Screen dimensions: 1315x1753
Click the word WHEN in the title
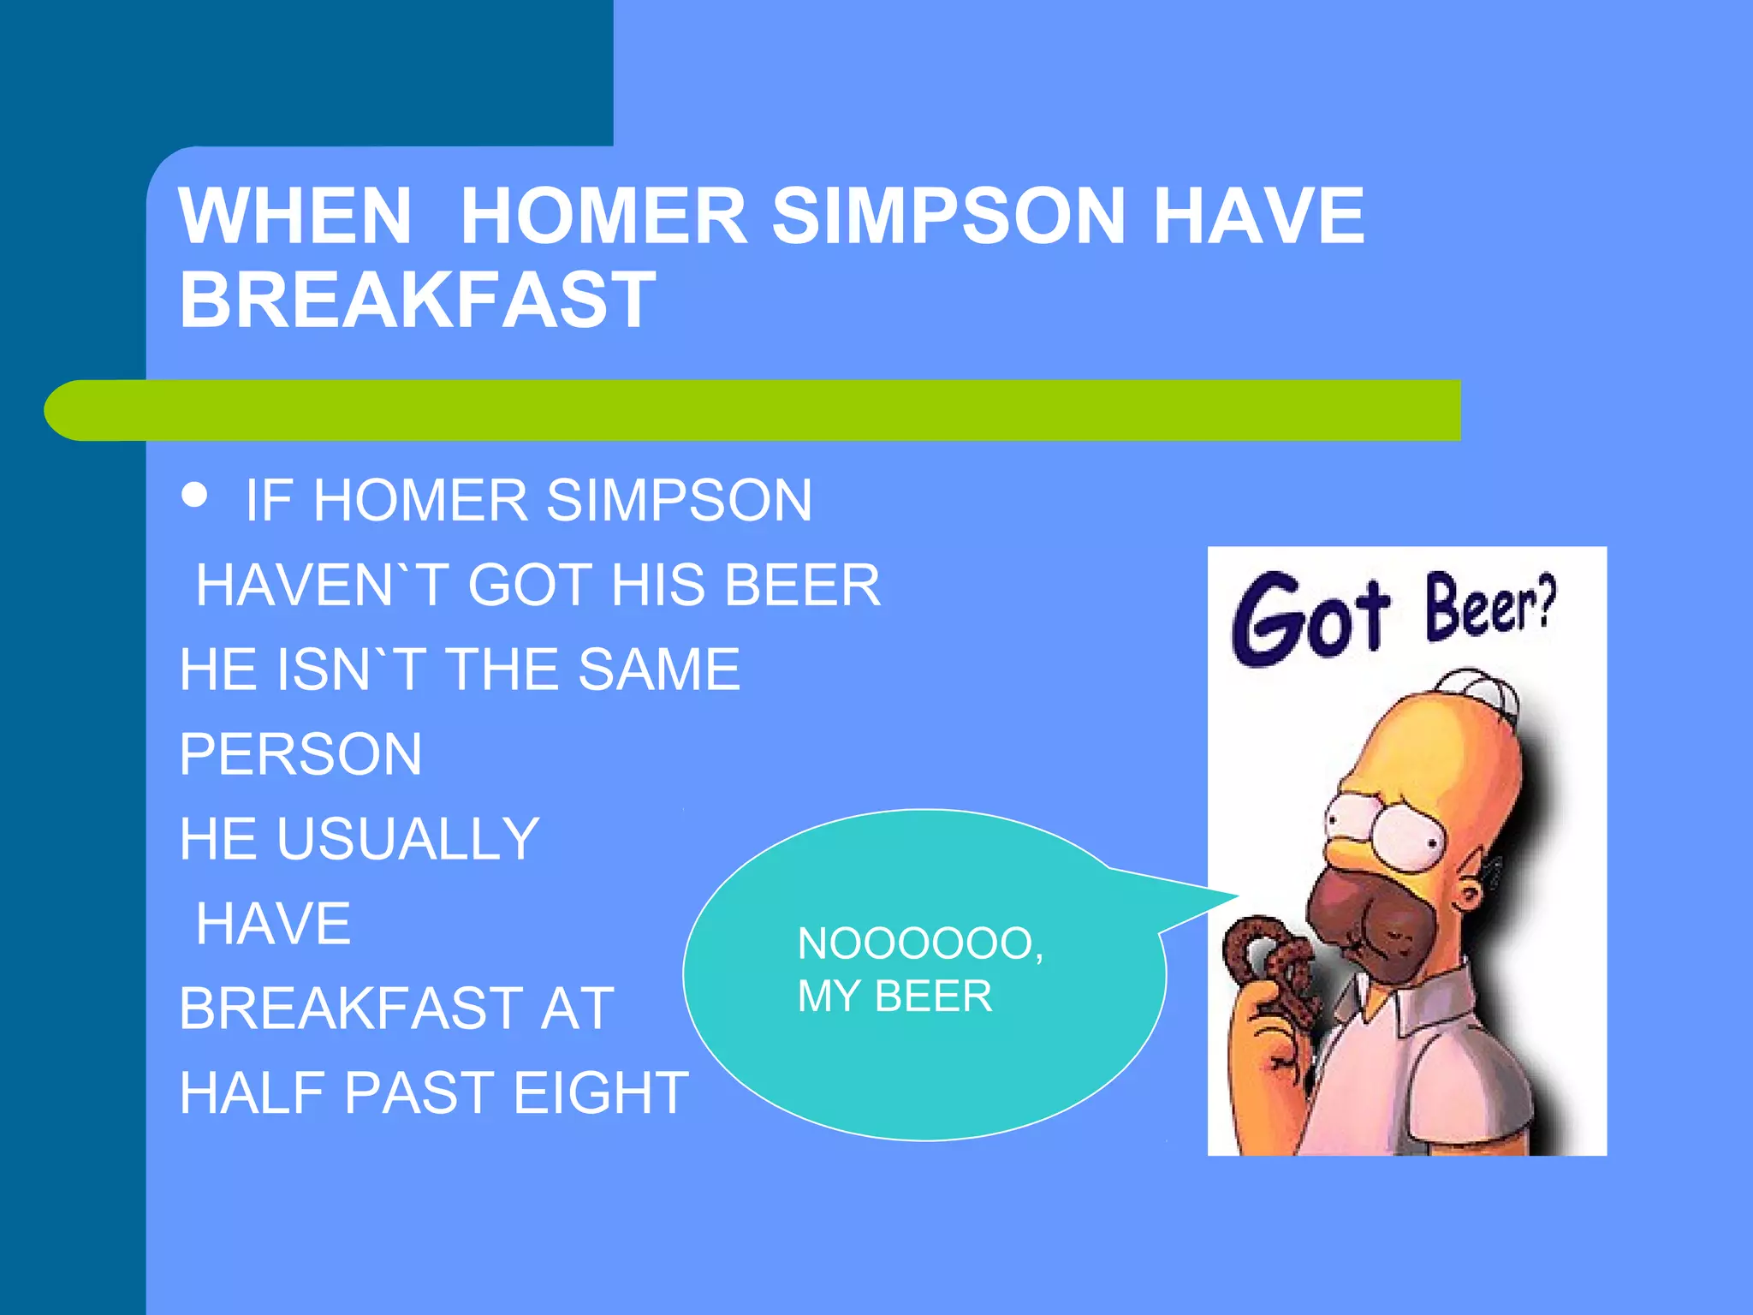295,216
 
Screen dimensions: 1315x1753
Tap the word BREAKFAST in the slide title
417,300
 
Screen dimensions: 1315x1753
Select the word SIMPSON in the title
948,216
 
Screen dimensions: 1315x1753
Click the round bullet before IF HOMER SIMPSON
195,495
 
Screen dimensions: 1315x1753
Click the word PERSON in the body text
300,754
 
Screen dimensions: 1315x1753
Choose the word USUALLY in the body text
407,838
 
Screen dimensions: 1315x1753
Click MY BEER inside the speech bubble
894,997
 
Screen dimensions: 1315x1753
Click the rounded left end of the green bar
68,410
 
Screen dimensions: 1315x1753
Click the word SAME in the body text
658,669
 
